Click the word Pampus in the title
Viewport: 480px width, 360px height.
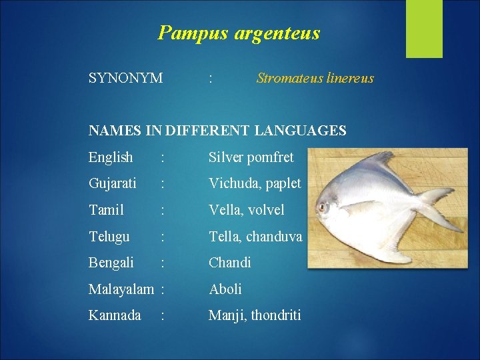coord(193,33)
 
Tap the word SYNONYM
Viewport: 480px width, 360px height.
coord(125,78)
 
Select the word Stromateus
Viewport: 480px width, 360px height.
coord(290,78)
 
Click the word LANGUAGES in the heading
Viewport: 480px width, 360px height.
coord(300,131)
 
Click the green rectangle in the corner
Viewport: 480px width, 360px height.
coord(424,29)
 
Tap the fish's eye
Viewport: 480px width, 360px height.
coord(322,207)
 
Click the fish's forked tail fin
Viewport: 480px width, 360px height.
coord(438,209)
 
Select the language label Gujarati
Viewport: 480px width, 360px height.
coord(113,184)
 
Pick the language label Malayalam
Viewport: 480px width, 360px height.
coord(121,289)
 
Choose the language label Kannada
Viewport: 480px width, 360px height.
coord(115,315)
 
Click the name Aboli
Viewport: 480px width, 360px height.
coord(225,289)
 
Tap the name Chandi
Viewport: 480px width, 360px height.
coord(229,263)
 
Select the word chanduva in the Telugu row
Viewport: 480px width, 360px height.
coord(274,237)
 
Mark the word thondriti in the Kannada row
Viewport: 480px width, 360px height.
coord(276,315)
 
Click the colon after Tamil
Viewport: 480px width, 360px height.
coord(163,211)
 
